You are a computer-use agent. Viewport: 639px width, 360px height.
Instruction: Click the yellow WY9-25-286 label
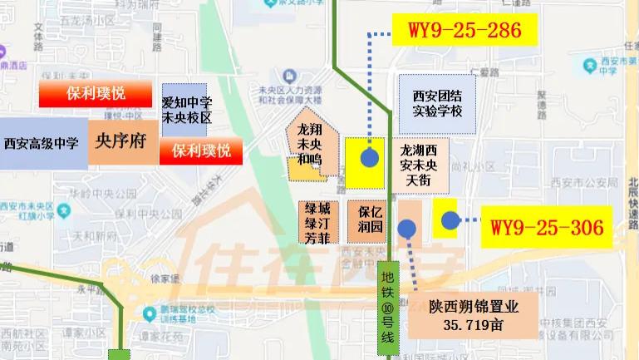(x=465, y=32)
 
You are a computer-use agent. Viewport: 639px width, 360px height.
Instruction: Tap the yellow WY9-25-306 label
(x=546, y=225)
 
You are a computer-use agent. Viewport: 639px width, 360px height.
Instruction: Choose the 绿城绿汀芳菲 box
(x=320, y=221)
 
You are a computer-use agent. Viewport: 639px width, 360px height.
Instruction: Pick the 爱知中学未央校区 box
(x=187, y=110)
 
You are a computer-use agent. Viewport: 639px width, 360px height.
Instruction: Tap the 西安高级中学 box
(x=42, y=143)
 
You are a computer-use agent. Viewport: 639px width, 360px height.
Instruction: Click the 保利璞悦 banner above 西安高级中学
(x=96, y=94)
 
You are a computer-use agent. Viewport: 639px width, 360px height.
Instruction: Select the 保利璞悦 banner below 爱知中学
(x=201, y=151)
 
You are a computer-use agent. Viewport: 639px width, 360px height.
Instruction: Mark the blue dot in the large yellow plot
(x=370, y=157)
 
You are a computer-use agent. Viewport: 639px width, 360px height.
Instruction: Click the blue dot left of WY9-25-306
(x=450, y=220)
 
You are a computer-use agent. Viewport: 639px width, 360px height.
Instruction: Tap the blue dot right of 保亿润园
(x=406, y=229)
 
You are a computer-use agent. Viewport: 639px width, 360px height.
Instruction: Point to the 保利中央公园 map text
(x=125, y=214)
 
